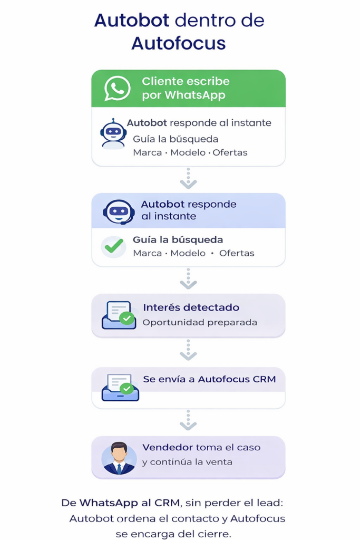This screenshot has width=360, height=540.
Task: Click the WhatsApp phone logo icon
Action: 117,88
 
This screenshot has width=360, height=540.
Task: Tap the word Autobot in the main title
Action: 131,21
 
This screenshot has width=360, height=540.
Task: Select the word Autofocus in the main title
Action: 179,43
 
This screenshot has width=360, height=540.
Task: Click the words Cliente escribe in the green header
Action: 186,82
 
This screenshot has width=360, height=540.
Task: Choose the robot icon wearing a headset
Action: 119,211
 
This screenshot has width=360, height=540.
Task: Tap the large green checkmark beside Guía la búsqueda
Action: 114,246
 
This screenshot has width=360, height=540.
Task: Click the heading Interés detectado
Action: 191,307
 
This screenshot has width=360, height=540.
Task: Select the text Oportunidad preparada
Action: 200,322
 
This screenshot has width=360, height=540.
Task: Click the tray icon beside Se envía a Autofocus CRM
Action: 120,388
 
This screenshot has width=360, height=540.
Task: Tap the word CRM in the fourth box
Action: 264,379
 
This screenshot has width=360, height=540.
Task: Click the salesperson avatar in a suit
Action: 119,458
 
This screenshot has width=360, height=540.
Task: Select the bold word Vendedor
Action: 168,447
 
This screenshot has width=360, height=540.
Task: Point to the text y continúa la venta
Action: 187,462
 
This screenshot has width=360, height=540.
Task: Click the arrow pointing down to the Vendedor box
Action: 188,420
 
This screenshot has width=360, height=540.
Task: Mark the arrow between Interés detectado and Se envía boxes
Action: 188,350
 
